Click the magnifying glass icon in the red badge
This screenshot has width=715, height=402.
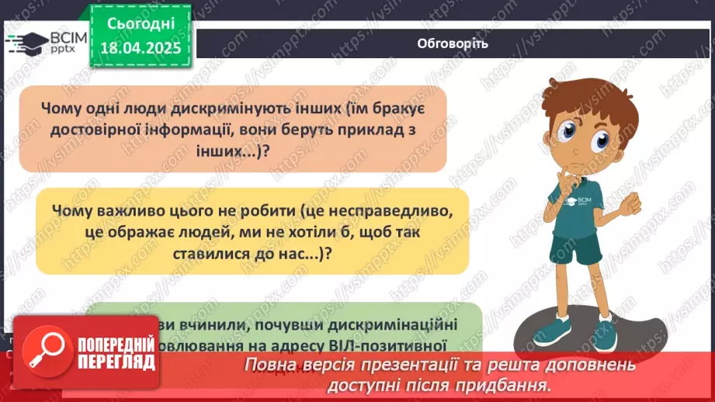[47, 352]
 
